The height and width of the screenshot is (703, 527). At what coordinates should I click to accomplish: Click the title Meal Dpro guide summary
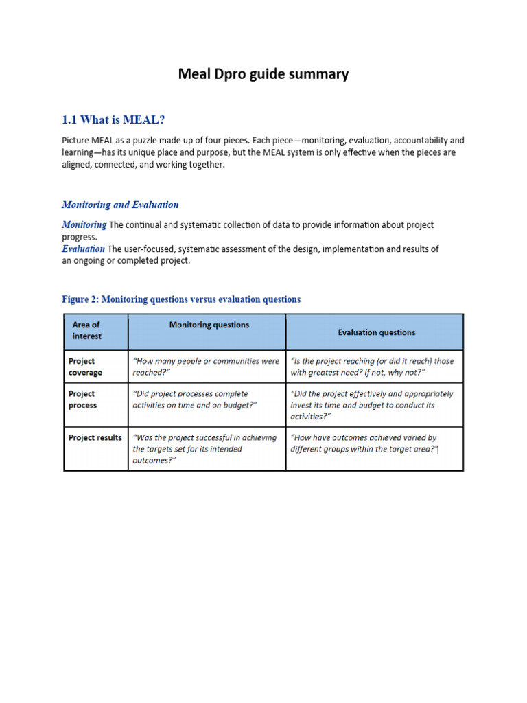click(x=263, y=74)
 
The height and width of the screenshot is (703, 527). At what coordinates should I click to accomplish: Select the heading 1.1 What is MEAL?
click(x=113, y=120)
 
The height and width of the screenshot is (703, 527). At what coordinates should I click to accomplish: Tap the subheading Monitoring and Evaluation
click(x=120, y=205)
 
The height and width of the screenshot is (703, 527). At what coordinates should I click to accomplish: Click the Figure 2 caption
click(x=181, y=299)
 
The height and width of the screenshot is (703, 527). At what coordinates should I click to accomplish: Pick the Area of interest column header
click(x=86, y=330)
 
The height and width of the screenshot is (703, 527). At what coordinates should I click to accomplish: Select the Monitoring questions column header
click(x=209, y=325)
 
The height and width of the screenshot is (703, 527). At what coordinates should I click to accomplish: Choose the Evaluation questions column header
click(x=376, y=332)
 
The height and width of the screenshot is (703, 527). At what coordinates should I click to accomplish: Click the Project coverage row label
click(x=85, y=367)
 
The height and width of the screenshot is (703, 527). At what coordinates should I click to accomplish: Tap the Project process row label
click(x=82, y=400)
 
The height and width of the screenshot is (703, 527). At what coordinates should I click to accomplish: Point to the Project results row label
click(x=95, y=437)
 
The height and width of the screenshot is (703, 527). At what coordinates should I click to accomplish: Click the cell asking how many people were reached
click(x=206, y=367)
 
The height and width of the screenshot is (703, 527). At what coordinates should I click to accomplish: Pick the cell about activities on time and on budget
click(x=195, y=400)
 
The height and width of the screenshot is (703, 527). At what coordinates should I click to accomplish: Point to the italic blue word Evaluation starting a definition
click(x=83, y=249)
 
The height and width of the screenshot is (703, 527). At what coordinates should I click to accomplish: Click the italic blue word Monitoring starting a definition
click(x=84, y=225)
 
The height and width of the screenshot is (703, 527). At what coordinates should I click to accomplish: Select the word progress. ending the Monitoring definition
click(x=79, y=237)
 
